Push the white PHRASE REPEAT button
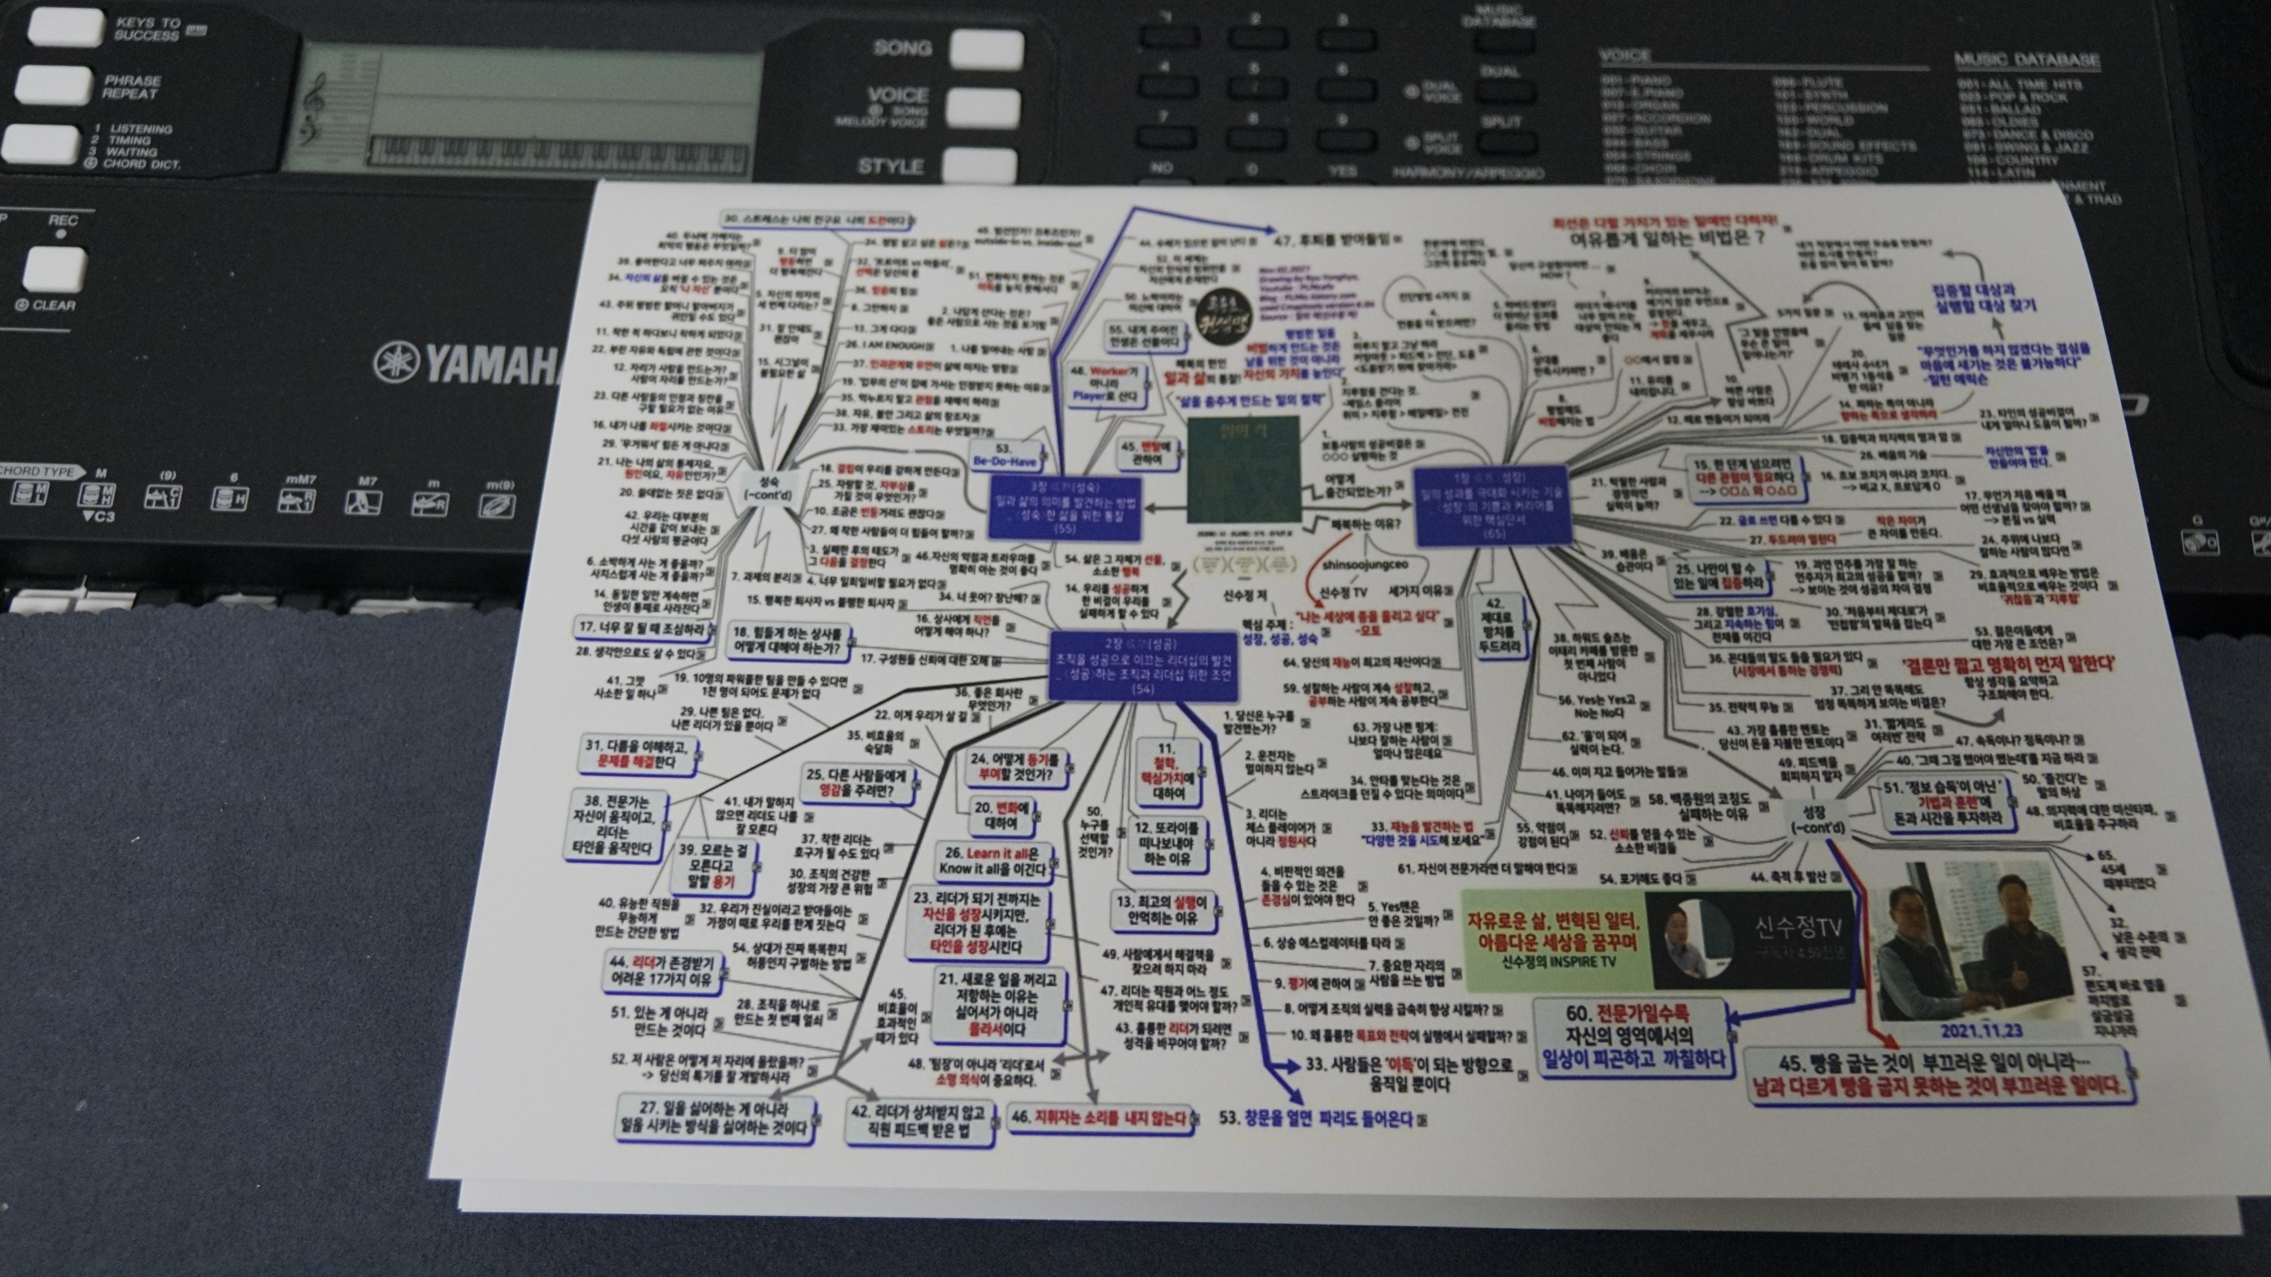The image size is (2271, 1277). [53, 85]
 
